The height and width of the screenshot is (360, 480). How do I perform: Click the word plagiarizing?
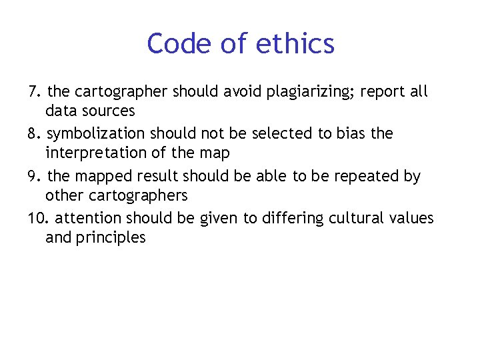pos(309,92)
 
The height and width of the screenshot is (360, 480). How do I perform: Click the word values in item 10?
pos(413,219)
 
